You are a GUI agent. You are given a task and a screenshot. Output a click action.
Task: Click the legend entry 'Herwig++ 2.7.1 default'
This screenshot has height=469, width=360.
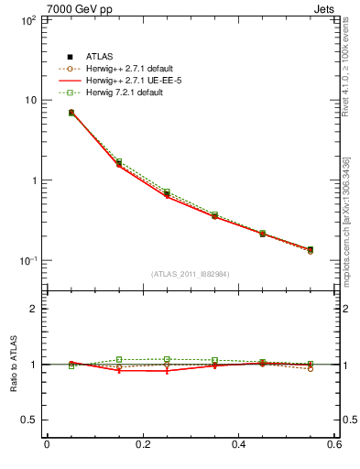point(115,69)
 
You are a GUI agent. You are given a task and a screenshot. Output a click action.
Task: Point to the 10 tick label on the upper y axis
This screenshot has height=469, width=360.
point(29,100)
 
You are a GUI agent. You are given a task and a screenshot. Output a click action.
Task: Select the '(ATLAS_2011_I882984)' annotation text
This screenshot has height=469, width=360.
point(190,274)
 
